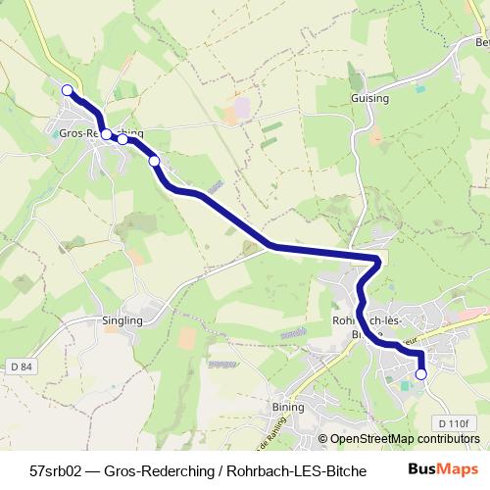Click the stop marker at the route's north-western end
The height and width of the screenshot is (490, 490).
[x=67, y=90]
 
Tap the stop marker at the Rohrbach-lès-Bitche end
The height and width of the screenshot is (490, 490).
[x=421, y=374]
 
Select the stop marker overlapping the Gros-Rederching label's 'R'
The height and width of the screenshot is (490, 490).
[x=106, y=135]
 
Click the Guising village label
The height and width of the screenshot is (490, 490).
[x=369, y=99]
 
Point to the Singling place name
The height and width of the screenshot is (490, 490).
[x=122, y=320]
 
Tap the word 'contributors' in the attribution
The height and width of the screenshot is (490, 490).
[x=448, y=440]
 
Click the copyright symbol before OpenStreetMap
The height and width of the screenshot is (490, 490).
[x=322, y=440]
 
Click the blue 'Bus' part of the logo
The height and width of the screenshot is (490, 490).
[x=422, y=468]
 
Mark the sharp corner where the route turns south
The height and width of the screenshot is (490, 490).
[x=377, y=259]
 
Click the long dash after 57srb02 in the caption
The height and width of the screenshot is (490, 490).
[x=93, y=469]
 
